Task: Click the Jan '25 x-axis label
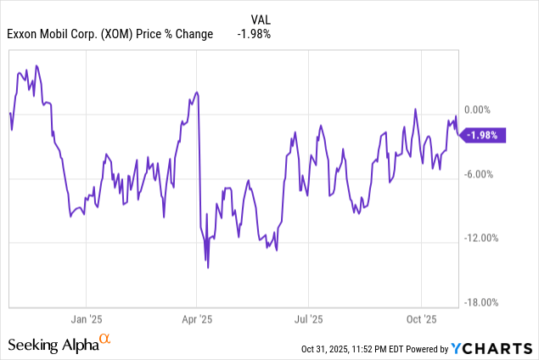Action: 86,319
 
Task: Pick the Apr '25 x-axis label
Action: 196,319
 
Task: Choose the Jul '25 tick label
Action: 308,319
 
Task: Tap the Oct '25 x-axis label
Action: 421,319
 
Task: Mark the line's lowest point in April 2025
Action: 208,267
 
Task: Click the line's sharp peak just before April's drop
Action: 197,92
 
